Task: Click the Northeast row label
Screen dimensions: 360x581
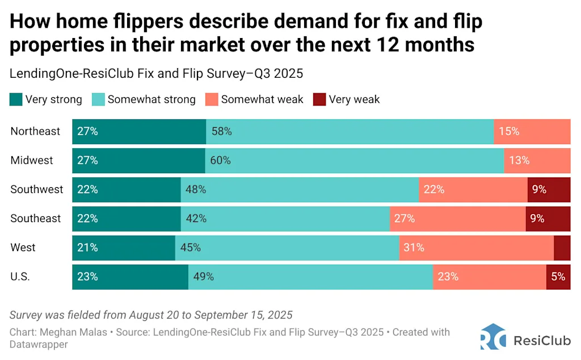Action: click(x=35, y=131)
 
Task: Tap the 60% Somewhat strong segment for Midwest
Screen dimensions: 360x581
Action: click(x=354, y=160)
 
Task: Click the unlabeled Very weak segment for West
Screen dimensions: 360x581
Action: click(x=562, y=248)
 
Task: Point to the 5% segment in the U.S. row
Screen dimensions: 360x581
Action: click(x=558, y=277)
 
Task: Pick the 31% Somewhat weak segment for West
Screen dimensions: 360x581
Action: click(x=476, y=248)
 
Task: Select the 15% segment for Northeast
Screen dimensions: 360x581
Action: click(x=532, y=131)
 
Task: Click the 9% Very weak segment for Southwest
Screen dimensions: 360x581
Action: click(x=549, y=189)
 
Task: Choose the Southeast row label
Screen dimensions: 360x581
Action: click(x=35, y=219)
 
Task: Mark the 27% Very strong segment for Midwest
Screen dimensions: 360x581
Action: click(x=138, y=160)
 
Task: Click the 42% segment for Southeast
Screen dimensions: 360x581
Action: click(x=285, y=219)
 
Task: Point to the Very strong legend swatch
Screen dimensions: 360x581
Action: click(x=16, y=99)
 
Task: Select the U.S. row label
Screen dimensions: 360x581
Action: click(x=20, y=277)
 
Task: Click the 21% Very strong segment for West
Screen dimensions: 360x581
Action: click(x=123, y=248)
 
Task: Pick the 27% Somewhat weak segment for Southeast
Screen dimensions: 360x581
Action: click(x=457, y=219)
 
